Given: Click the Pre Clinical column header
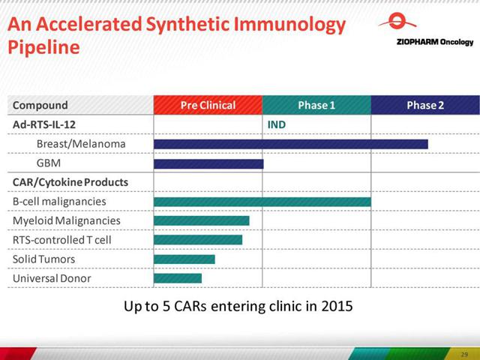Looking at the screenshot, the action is click(x=208, y=105).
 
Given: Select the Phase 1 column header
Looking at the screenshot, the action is click(x=316, y=105).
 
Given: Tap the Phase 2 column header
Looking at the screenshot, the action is click(x=425, y=105).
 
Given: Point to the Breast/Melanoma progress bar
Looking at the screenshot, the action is click(x=291, y=144).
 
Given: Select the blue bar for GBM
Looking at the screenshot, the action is click(x=208, y=163).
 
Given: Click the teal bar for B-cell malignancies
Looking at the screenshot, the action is click(x=262, y=202).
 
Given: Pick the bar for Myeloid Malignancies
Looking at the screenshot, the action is click(x=202, y=220).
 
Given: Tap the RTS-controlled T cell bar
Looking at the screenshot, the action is click(x=198, y=240).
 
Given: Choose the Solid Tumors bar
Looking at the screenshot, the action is click(x=184, y=259).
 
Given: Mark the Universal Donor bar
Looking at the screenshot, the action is click(x=178, y=278).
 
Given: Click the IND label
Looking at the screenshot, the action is click(x=277, y=124).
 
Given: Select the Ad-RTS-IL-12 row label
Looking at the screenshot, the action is click(x=44, y=124).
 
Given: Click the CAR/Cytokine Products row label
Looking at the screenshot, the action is click(x=70, y=182).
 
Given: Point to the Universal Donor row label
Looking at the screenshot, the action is click(x=52, y=278).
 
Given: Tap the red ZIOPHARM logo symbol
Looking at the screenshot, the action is click(x=397, y=21).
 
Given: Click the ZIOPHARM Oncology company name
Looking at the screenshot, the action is click(x=435, y=42).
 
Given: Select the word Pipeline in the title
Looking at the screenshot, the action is click(x=43, y=47).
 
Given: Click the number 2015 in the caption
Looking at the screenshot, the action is click(x=337, y=306).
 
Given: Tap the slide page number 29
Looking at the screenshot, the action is click(x=464, y=355).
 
